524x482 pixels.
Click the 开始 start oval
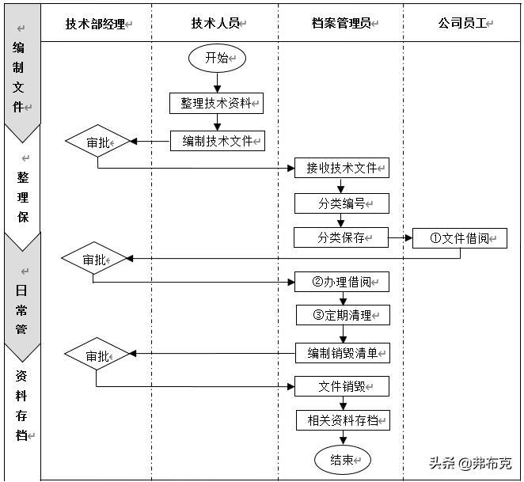[217, 58]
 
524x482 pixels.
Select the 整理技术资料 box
[216, 103]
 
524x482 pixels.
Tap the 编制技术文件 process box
[217, 141]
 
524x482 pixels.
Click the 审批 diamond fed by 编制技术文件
[98, 142]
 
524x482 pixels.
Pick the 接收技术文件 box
[342, 168]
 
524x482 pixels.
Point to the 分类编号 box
[342, 203]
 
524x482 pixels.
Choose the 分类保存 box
[341, 237]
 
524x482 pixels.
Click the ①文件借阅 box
[459, 238]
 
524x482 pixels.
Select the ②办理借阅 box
[342, 283]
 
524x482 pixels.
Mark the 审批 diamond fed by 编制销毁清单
[97, 355]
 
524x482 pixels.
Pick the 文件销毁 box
[342, 386]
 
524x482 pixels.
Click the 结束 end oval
[342, 459]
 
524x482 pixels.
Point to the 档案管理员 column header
[341, 24]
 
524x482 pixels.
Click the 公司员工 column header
[463, 24]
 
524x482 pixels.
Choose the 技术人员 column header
[215, 24]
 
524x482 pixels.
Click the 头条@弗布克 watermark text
[470, 463]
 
